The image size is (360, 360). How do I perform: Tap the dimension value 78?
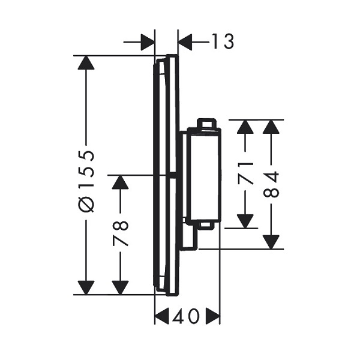(121, 233)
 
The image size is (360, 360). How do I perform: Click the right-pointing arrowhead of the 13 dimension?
(146, 42)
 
